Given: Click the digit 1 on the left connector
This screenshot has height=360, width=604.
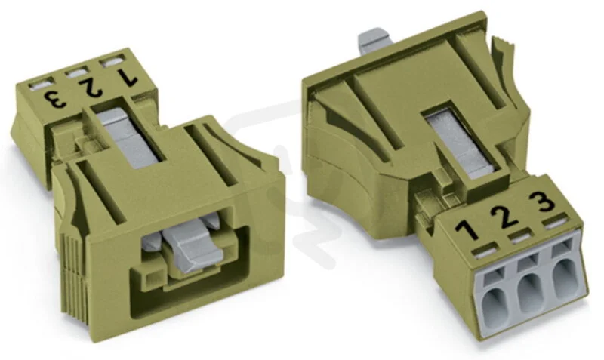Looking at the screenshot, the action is pyautogui.click(x=127, y=77).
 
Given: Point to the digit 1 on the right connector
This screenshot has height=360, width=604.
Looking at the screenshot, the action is pyautogui.click(x=469, y=232).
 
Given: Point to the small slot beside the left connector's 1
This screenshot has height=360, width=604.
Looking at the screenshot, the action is pyautogui.click(x=112, y=62).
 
